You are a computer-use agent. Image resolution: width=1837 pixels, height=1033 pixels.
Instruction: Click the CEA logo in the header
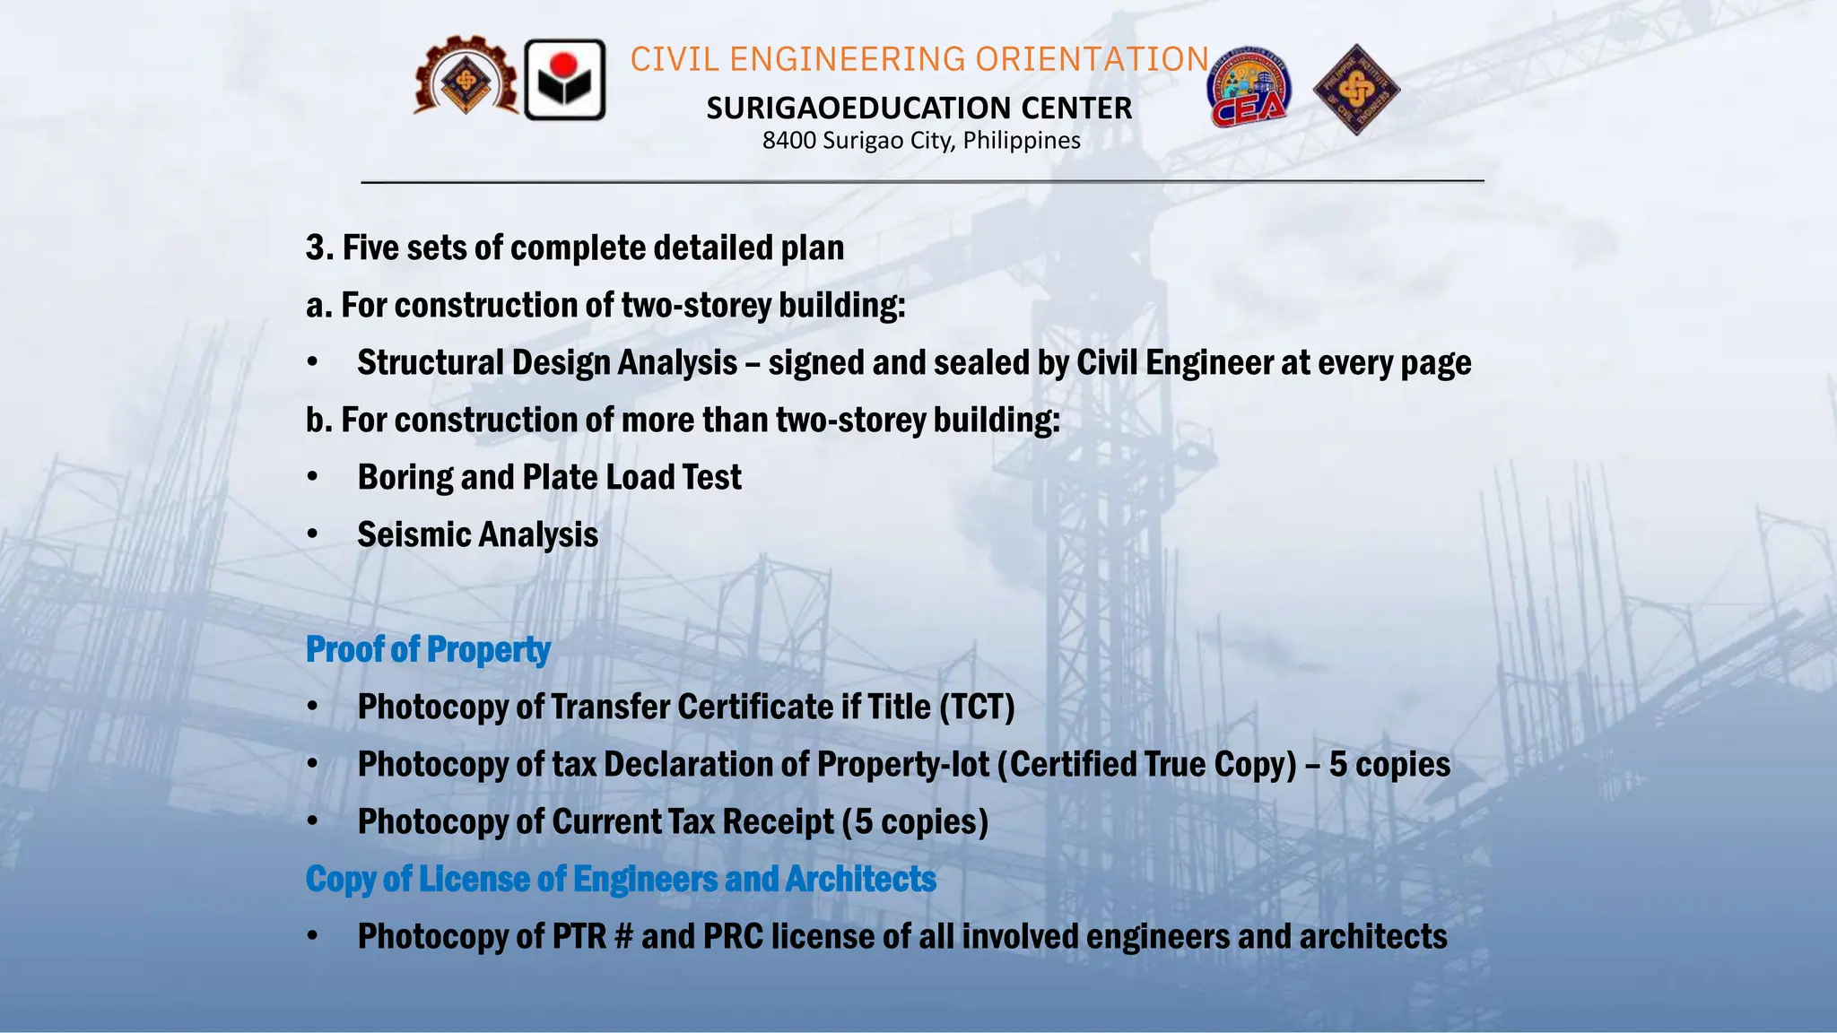[x=1249, y=88]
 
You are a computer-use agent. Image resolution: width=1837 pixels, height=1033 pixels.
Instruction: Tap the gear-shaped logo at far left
[x=466, y=78]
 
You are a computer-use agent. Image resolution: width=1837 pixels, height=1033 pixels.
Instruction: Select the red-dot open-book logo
[x=564, y=80]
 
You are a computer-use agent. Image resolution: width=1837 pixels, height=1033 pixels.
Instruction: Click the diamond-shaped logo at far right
[x=1356, y=90]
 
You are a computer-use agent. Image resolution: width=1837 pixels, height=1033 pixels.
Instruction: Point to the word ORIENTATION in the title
[x=1092, y=59]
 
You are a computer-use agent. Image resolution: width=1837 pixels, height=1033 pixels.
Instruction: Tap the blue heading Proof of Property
[x=428, y=649]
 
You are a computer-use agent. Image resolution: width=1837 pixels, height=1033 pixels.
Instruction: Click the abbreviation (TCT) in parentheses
[x=977, y=707]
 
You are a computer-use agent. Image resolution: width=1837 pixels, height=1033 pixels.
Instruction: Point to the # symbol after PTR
[x=622, y=936]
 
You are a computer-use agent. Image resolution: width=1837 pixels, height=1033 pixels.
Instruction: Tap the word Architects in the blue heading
[x=860, y=879]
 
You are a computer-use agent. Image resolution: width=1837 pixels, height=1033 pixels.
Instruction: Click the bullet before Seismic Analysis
[x=312, y=534]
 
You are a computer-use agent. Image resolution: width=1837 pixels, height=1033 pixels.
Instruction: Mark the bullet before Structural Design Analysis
[x=312, y=362]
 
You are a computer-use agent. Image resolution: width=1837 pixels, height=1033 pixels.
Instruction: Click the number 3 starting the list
[x=315, y=247]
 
